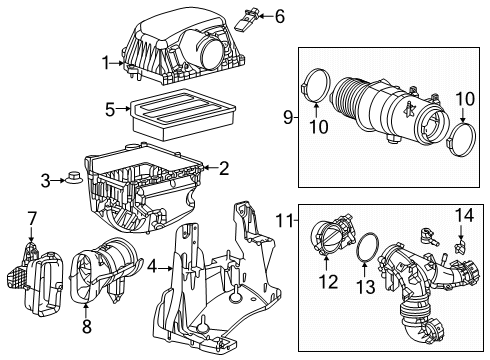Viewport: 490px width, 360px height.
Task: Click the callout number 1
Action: coord(105,63)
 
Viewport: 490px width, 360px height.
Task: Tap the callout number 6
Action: coord(252,16)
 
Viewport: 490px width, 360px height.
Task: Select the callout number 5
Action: coord(110,106)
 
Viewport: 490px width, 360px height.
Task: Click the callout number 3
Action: coord(44,180)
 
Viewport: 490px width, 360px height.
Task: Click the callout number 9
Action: coord(287,118)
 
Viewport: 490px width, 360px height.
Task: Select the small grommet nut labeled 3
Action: coord(75,180)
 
